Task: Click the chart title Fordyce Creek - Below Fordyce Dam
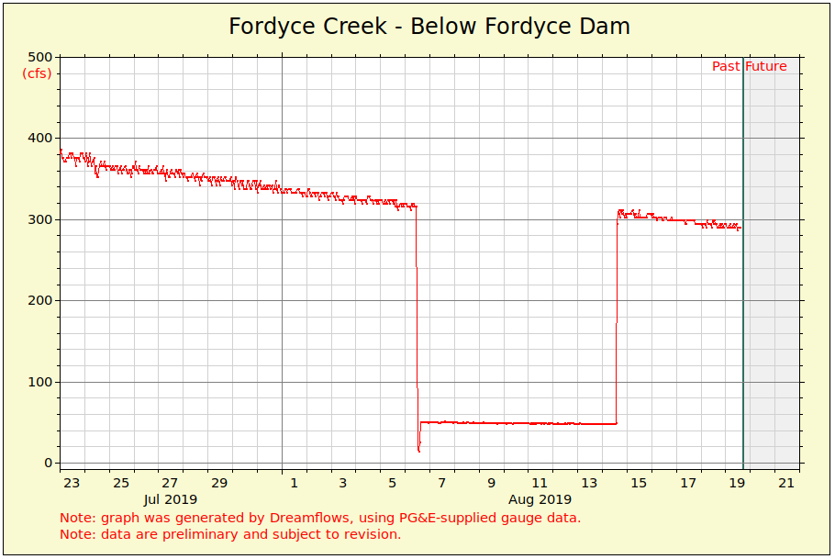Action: tap(429, 26)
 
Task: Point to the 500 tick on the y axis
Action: tap(40, 57)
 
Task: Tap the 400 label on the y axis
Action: tap(40, 138)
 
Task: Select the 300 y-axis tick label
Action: tap(40, 219)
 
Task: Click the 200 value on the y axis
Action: tap(40, 300)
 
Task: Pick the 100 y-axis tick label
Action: tap(40, 382)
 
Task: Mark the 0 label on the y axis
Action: tap(49, 464)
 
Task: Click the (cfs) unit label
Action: tap(38, 73)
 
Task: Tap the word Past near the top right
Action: tap(726, 66)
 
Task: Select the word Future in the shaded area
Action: tap(766, 66)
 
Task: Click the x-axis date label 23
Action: tap(72, 483)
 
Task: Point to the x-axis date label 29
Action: tap(219, 483)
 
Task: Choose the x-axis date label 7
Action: tap(441, 483)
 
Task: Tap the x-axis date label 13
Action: tap(589, 483)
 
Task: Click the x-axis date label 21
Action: tap(786, 483)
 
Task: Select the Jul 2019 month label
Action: tap(171, 499)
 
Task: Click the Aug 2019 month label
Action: tap(540, 499)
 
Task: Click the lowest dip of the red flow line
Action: tap(419, 451)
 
